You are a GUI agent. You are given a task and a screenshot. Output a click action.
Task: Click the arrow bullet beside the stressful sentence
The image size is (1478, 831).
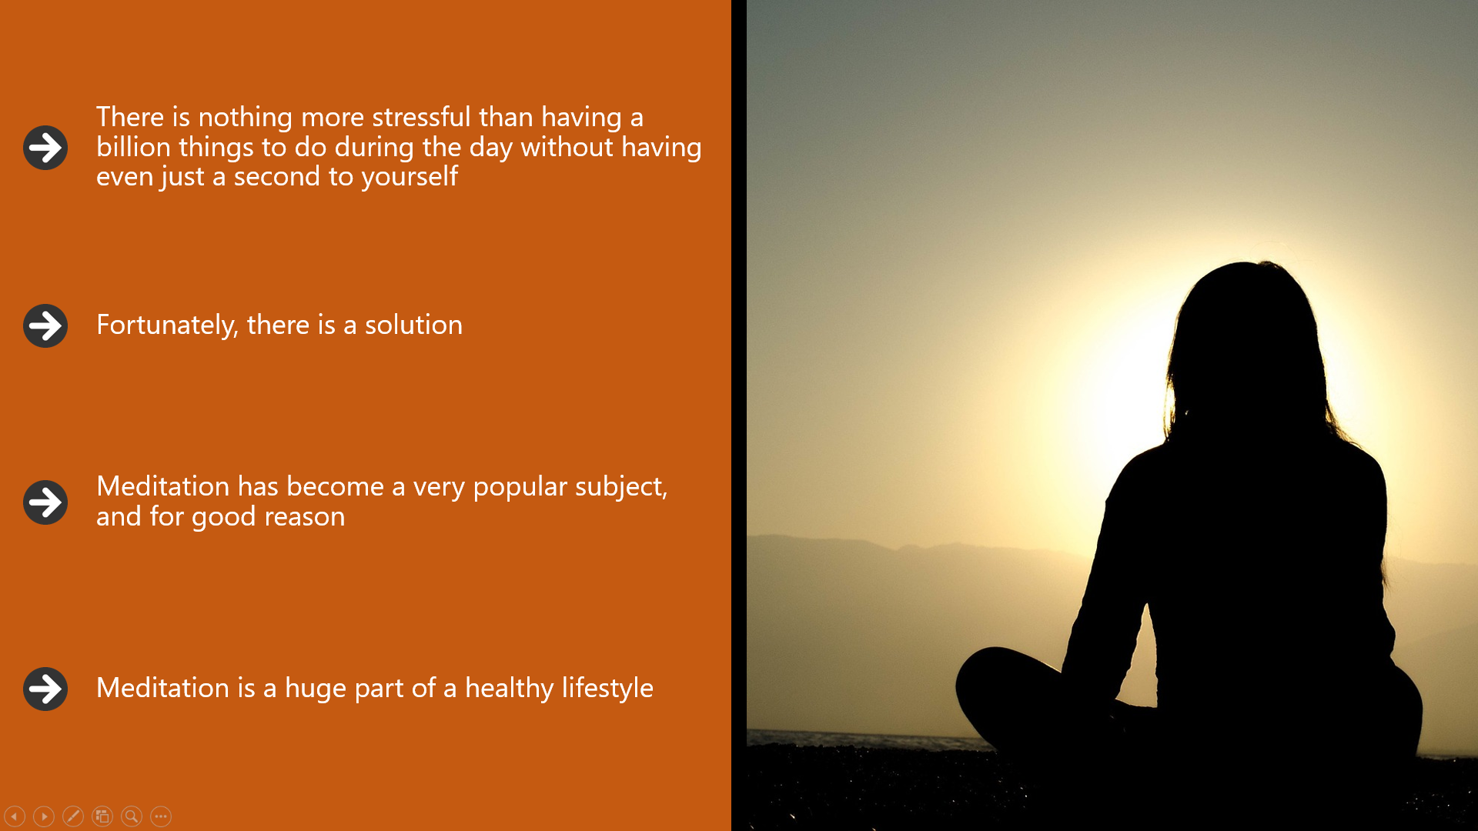tap(45, 148)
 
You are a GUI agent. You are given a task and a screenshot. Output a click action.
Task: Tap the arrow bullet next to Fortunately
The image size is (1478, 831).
tap(45, 325)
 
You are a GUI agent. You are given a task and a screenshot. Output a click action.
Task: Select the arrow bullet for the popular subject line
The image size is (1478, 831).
tap(45, 502)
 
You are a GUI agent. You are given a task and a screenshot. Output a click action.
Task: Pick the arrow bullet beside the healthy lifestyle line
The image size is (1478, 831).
tap(45, 689)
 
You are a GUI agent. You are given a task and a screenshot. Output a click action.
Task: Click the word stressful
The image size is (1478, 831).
tap(421, 117)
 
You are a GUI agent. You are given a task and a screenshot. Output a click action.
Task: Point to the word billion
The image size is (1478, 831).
tap(133, 147)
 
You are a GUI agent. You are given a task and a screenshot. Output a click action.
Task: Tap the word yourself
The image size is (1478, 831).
tap(410, 178)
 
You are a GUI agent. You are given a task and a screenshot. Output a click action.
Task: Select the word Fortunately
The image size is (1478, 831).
tap(167, 325)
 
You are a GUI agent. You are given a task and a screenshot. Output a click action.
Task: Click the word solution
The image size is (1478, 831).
tap(413, 325)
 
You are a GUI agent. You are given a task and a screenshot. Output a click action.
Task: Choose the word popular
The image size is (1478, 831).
tap(520, 488)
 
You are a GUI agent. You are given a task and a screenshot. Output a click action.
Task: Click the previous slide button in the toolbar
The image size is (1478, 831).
tap(15, 816)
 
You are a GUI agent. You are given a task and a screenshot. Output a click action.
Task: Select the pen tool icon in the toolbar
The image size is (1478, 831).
tap(73, 816)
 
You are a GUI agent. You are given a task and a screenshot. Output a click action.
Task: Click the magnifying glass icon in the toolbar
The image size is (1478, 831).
tap(132, 816)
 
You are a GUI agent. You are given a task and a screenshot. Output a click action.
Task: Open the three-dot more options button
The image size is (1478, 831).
tap(161, 816)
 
